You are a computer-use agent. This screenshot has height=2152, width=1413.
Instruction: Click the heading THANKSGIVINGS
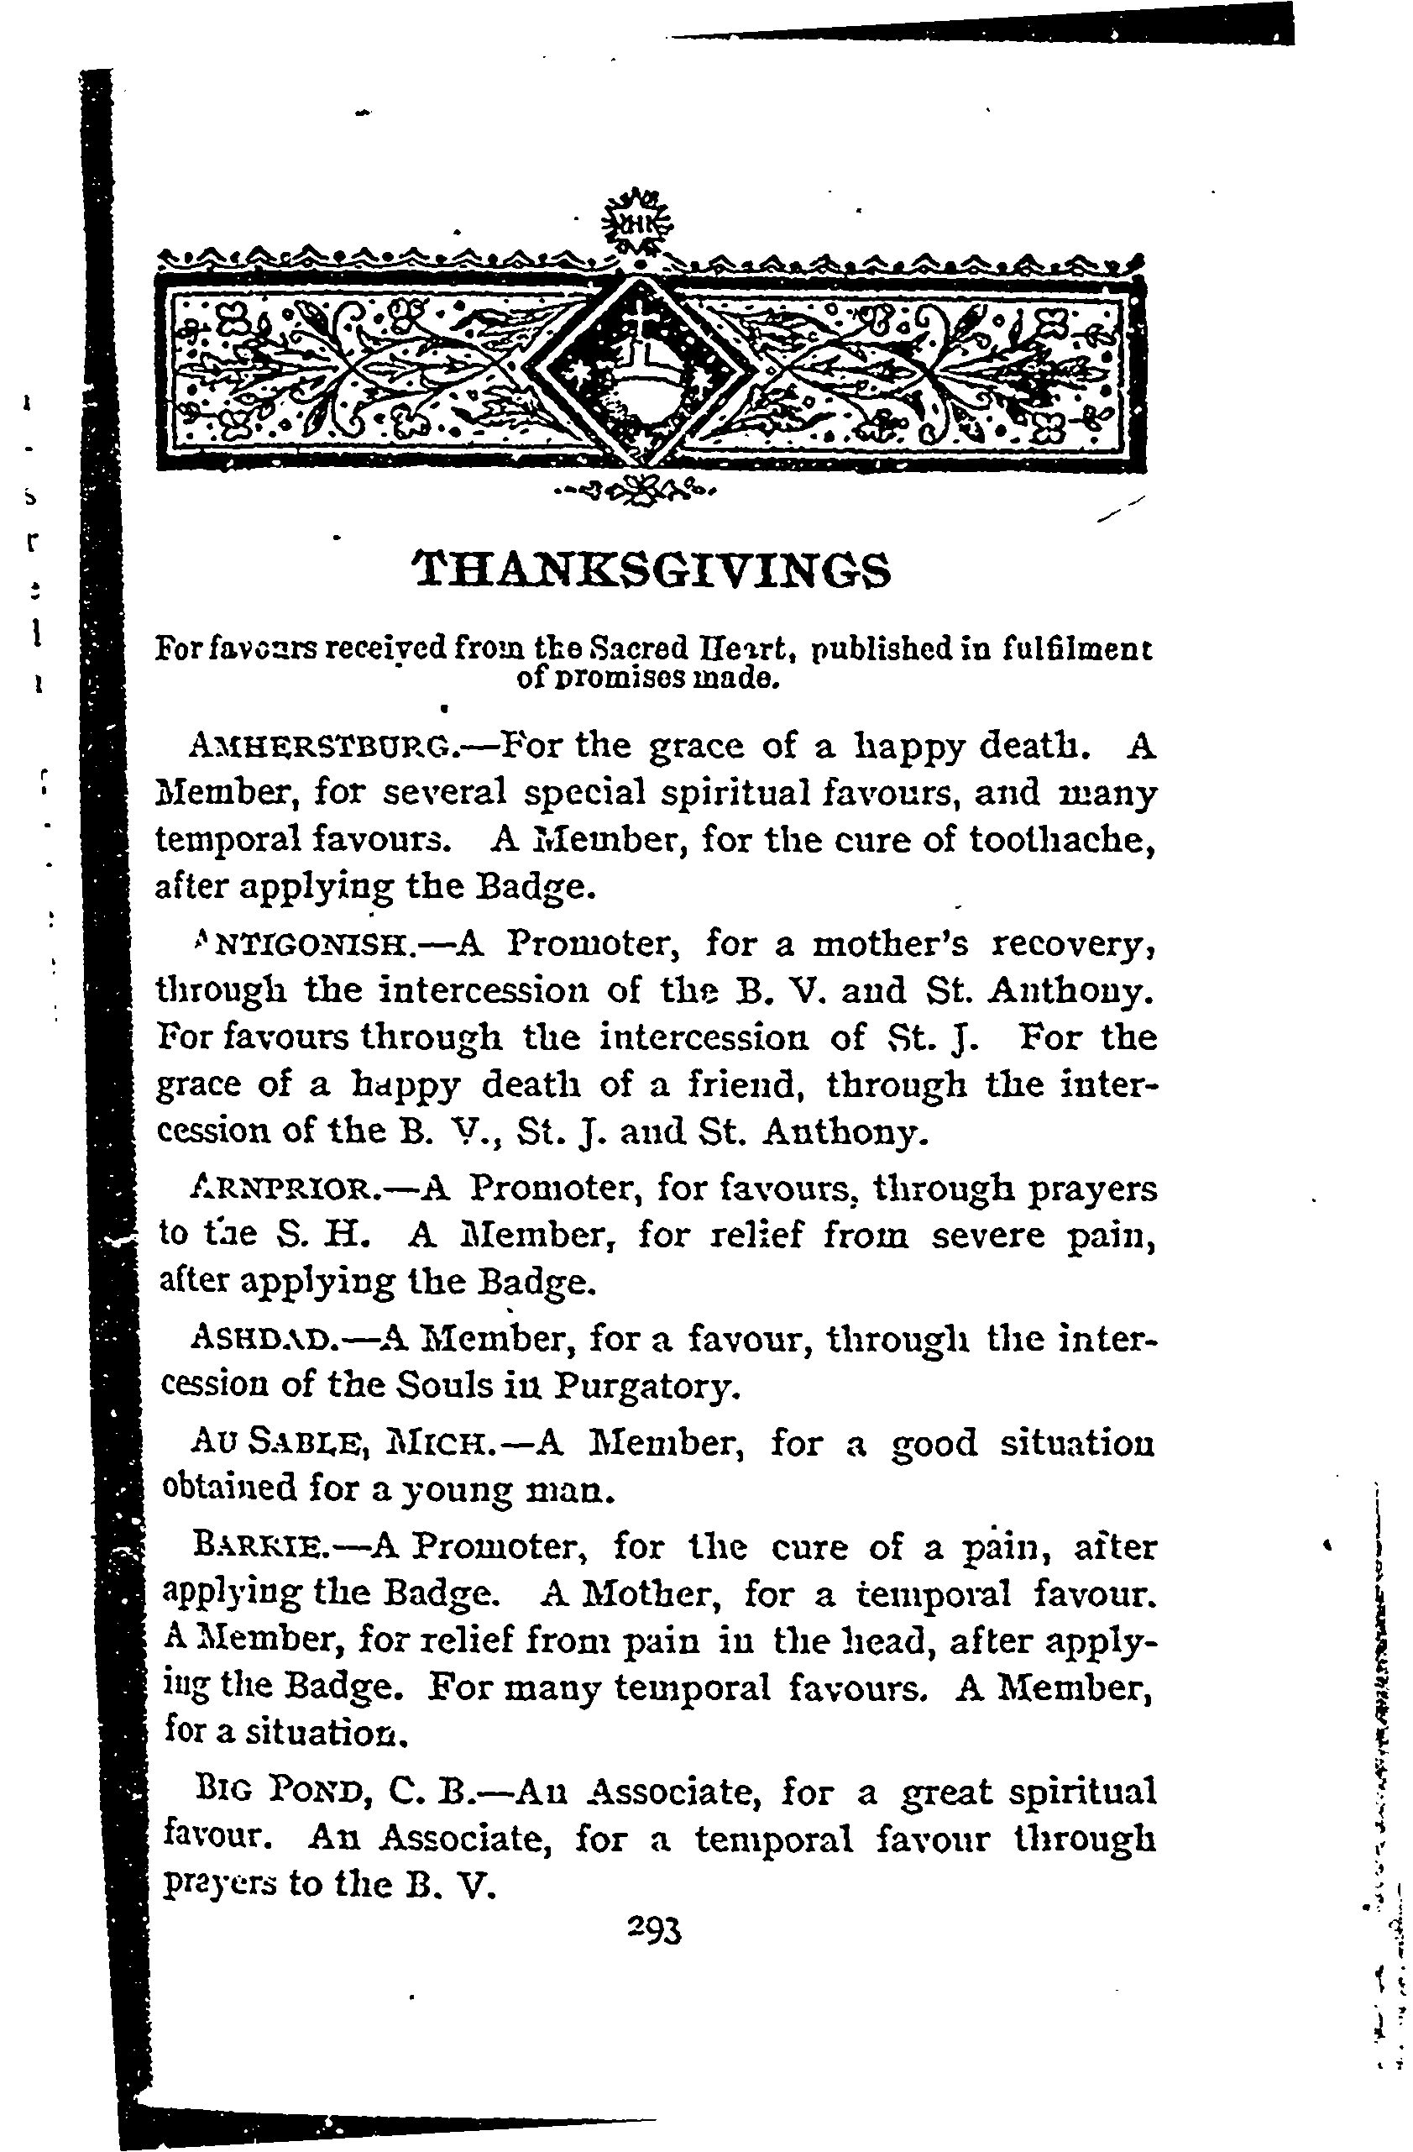(x=652, y=570)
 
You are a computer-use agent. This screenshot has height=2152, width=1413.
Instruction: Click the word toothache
(x=1061, y=841)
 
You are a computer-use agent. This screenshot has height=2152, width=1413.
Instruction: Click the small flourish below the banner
(x=639, y=493)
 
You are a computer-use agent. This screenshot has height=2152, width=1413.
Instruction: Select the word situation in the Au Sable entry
(x=1076, y=1443)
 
